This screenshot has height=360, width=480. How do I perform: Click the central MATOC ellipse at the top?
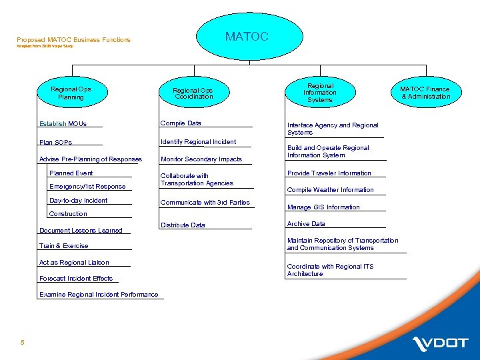point(247,37)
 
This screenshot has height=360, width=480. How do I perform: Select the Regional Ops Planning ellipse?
point(71,93)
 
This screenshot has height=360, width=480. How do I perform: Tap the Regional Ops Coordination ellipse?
point(193,93)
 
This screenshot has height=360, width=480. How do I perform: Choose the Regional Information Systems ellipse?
point(320,93)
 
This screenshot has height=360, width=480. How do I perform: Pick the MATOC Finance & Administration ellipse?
point(425,93)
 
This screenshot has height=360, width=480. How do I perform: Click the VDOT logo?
point(441,343)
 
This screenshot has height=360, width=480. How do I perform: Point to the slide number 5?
point(23,343)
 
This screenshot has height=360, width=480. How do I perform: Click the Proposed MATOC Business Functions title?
point(73,40)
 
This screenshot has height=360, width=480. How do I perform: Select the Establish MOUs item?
point(63,123)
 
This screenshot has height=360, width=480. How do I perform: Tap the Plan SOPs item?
point(55,142)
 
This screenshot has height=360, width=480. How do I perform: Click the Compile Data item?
point(181,123)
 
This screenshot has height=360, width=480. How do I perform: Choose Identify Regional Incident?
point(198,141)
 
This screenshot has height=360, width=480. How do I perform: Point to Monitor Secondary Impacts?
point(201,159)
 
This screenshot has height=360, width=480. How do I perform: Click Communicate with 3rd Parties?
point(205,203)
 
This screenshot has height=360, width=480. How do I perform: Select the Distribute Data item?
point(183,225)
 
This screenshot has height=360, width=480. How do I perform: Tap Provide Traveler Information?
point(329,173)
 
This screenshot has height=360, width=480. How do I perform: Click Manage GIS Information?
point(323,207)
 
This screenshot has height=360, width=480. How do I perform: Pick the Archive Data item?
point(306,224)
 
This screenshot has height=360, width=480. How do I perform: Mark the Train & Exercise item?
point(63,246)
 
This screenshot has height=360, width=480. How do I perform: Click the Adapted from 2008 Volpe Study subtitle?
point(45,46)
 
